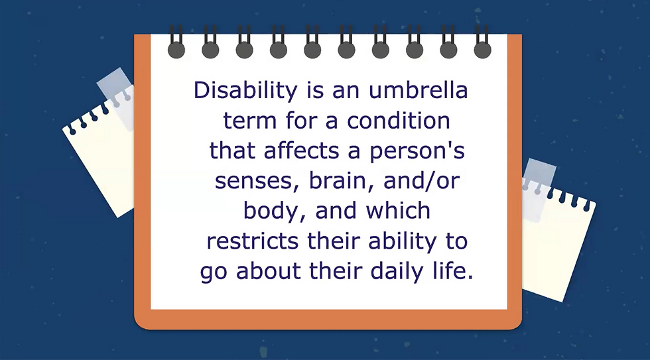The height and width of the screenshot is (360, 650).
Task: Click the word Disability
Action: (245, 90)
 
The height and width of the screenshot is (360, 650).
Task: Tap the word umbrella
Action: (418, 90)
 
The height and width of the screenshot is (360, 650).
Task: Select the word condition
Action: (399, 121)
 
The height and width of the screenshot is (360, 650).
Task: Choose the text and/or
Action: (422, 180)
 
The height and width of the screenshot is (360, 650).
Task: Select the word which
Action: (398, 210)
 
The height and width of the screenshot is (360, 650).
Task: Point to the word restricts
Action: (253, 241)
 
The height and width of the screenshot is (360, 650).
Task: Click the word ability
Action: (402, 241)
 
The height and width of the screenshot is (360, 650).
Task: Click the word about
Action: (268, 271)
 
